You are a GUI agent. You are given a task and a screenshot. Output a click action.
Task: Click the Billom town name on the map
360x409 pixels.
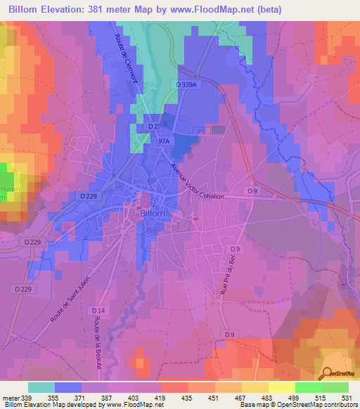[153, 213]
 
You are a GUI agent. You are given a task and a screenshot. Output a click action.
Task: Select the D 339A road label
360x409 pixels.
[186, 84]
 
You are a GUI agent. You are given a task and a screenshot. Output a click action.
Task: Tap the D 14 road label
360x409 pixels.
[98, 310]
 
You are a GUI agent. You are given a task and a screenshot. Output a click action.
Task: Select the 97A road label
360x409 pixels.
[165, 141]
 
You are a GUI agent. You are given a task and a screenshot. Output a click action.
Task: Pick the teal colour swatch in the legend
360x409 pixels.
[41, 387]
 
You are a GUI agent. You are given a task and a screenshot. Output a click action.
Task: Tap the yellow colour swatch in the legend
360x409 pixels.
[281, 387]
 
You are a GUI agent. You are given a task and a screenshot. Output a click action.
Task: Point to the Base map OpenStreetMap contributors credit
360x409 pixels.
[298, 405]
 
